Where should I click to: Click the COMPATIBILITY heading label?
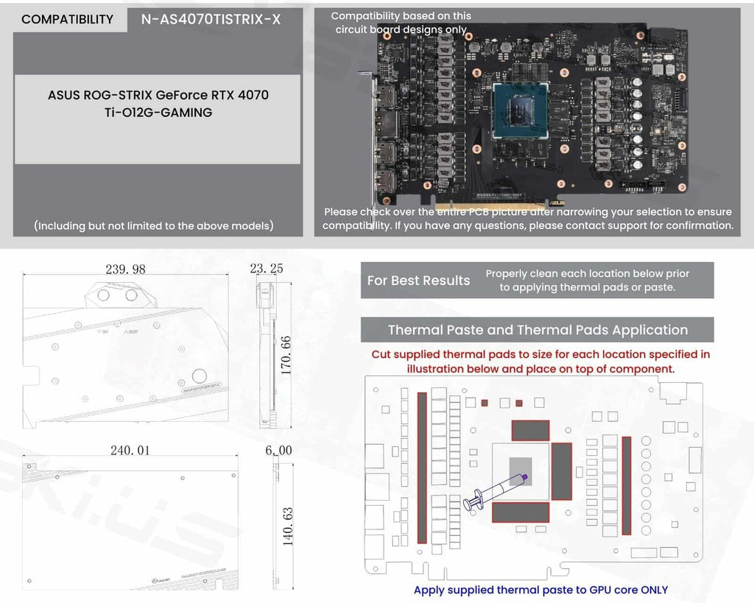[x=67, y=19]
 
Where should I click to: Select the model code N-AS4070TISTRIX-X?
[x=211, y=19]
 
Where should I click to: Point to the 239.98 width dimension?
[x=126, y=269]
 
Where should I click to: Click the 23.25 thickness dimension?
[x=267, y=269]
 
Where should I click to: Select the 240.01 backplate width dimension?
[x=130, y=450]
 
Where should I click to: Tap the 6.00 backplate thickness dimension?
[x=278, y=450]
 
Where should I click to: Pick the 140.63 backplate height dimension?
[x=287, y=526]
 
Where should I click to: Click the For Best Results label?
[x=418, y=281]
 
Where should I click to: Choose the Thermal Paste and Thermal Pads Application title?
[x=538, y=330]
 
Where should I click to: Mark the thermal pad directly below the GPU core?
[x=521, y=512]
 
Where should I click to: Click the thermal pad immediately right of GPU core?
[x=562, y=471]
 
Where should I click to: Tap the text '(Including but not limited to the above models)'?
[x=154, y=225]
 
